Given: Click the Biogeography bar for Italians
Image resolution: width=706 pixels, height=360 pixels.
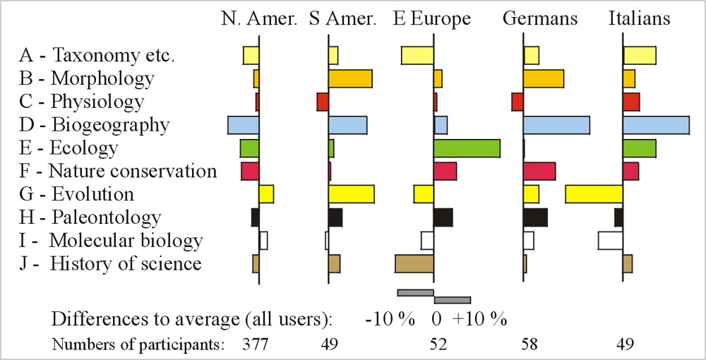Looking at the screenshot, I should (656, 125).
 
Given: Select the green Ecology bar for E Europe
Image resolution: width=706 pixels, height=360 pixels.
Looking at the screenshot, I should (467, 148).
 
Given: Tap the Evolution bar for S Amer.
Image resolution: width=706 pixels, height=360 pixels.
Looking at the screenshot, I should (351, 194).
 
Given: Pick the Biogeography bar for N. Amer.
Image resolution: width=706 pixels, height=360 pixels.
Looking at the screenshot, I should (243, 125).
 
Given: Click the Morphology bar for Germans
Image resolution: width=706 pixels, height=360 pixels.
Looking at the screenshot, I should (543, 78).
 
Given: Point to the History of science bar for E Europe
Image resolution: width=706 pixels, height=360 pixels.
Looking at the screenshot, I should (414, 263).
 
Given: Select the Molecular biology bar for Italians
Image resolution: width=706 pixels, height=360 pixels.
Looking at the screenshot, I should (610, 240).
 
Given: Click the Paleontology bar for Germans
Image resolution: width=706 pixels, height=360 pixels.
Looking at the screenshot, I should (535, 217).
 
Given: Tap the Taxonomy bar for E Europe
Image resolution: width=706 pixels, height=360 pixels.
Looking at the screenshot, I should (417, 55).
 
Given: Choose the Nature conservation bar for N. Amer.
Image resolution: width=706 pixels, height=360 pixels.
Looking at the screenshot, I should (250, 172).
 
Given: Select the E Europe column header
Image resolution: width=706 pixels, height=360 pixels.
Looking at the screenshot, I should (431, 19).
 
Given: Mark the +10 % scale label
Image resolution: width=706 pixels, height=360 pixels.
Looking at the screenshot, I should (480, 319).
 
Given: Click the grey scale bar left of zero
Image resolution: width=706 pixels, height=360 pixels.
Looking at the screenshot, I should (415, 293).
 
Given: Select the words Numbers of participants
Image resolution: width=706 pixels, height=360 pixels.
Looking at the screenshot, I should (138, 345).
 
